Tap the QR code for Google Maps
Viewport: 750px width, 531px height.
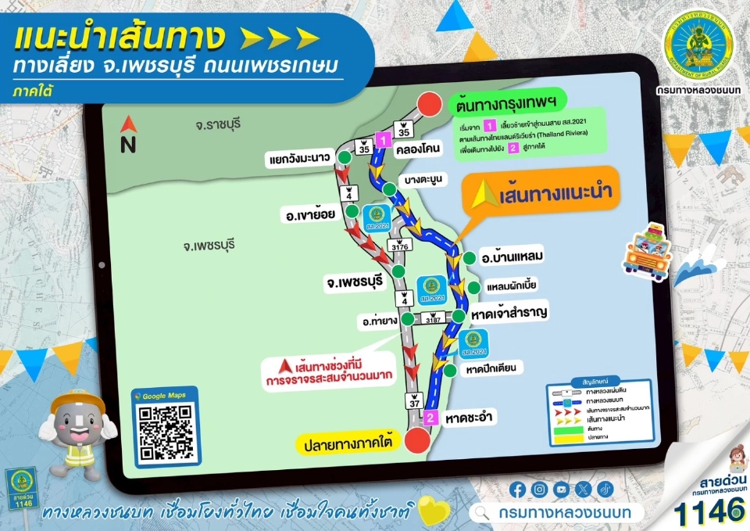pyautogui.click(x=165, y=431)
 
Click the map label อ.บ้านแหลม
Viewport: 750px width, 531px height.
pyautogui.click(x=512, y=257)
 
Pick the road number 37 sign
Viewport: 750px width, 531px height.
pyautogui.click(x=413, y=402)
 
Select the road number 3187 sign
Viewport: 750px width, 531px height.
pyautogui.click(x=434, y=319)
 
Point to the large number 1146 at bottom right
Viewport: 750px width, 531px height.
pyautogui.click(x=709, y=511)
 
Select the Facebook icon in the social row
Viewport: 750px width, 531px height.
pyautogui.click(x=517, y=490)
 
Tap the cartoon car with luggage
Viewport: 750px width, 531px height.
pyautogui.click(x=646, y=251)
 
